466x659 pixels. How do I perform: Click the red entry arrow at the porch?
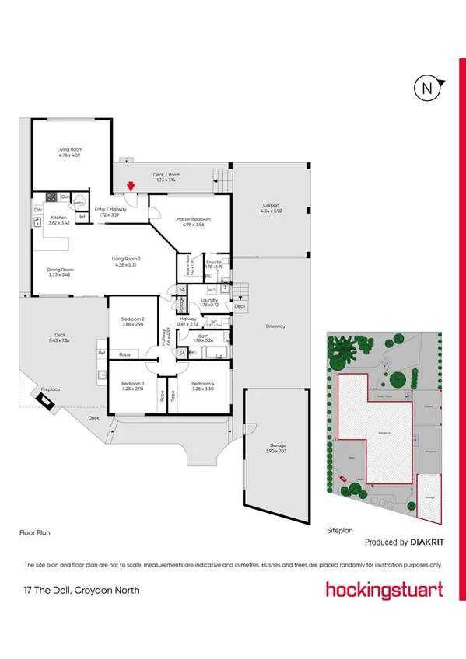click(131, 186)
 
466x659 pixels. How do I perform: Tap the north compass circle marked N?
click(426, 89)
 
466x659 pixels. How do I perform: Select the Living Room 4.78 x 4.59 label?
click(70, 152)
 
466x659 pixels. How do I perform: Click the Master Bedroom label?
click(190, 221)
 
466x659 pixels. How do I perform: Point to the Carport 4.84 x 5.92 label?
click(271, 207)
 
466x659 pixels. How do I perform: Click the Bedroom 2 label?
click(133, 322)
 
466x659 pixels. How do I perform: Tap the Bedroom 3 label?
click(133, 385)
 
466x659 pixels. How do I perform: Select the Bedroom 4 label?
click(203, 385)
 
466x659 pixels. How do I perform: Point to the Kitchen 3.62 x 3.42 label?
click(60, 220)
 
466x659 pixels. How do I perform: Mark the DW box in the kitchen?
click(37, 210)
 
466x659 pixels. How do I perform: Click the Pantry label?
click(79, 202)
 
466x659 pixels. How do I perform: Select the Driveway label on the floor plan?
click(275, 326)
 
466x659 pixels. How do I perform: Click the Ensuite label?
click(215, 264)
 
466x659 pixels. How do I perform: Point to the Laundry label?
click(208, 302)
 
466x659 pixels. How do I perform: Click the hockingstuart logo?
click(384, 589)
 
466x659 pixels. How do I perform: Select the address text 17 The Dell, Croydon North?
click(82, 591)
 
